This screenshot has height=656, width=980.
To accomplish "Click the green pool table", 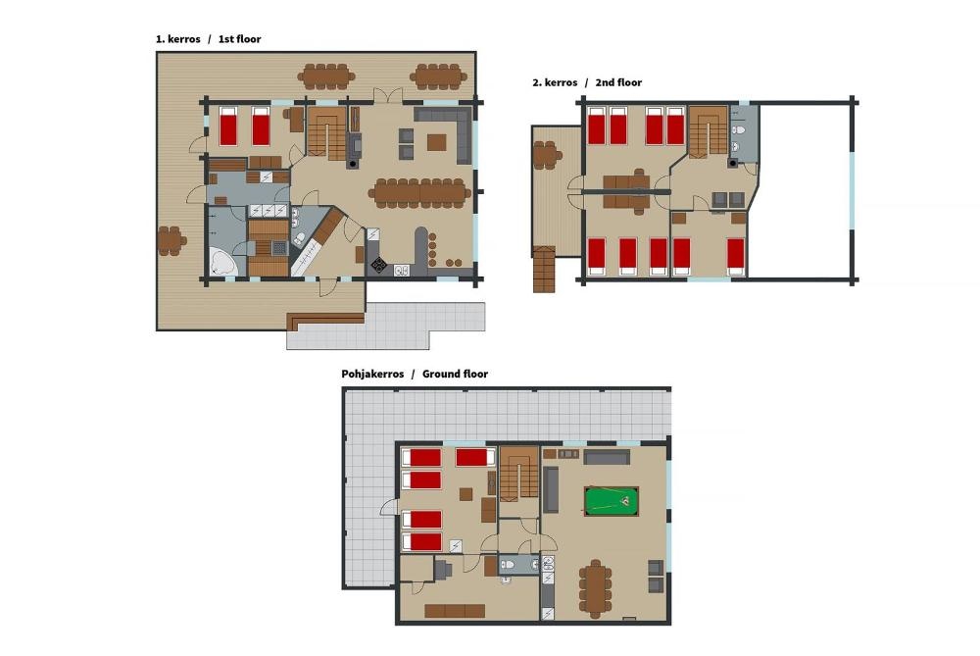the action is point(612,501).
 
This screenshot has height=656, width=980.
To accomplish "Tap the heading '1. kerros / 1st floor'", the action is point(208,39).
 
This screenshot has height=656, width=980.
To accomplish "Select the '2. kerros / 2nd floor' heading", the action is point(587,82).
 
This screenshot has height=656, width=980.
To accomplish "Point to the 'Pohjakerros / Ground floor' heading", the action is point(415,374).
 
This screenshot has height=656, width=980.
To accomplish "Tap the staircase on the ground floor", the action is point(519,473).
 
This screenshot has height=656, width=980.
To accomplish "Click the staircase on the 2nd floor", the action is point(709,130).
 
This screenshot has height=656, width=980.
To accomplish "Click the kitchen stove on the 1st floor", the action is point(378,265).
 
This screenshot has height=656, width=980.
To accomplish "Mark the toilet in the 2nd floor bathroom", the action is point(739,129).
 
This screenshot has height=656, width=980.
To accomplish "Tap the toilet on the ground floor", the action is point(508,565).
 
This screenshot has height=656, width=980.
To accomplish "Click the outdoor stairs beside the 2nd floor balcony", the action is point(544,269).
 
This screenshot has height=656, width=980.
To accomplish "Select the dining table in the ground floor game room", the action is point(594,587).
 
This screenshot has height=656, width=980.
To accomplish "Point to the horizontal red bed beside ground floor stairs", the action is point(475,457).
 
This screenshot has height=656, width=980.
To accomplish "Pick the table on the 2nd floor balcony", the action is point(544,155).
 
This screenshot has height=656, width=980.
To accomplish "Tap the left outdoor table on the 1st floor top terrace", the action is point(325,76).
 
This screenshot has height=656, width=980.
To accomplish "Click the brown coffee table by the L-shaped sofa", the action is point(437,142).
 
